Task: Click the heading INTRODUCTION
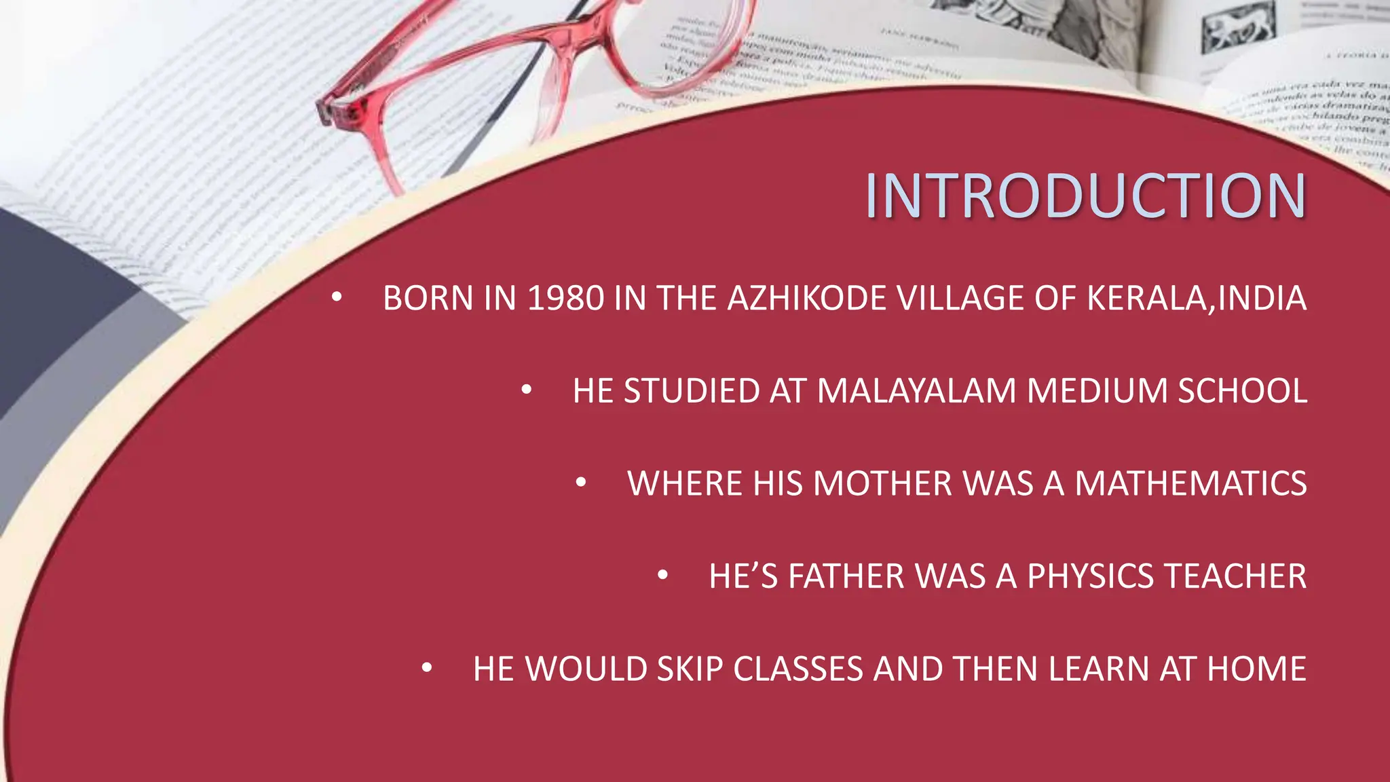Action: [x=1085, y=195]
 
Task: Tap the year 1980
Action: [x=565, y=299]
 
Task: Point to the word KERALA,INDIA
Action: [x=1196, y=299]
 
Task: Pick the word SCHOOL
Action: [x=1242, y=391]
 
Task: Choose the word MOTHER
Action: [x=882, y=484]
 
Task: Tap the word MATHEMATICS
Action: [x=1190, y=484]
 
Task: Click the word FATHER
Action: [x=846, y=576]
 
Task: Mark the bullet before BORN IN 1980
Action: [x=337, y=297]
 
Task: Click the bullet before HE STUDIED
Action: [x=527, y=390]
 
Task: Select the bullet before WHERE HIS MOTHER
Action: [x=581, y=483]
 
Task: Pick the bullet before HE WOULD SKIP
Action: [x=427, y=668]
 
